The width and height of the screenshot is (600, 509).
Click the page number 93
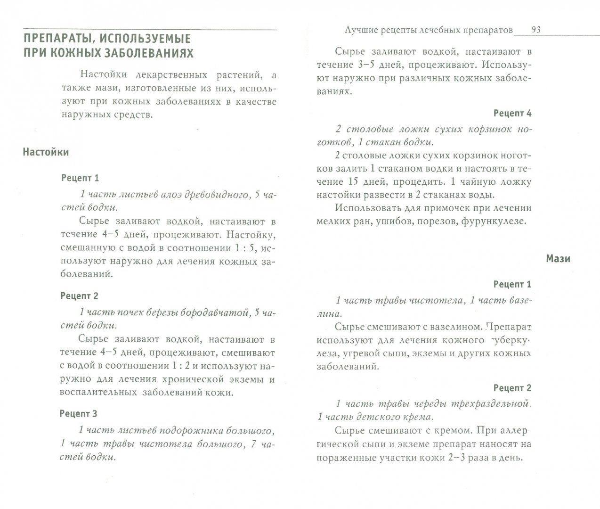pyautogui.click(x=535, y=30)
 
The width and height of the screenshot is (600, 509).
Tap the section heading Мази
pyautogui.click(x=558, y=259)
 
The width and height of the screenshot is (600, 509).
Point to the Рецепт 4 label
pyautogui.click(x=512, y=113)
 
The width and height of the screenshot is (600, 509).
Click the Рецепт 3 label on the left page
pyautogui.click(x=79, y=414)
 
